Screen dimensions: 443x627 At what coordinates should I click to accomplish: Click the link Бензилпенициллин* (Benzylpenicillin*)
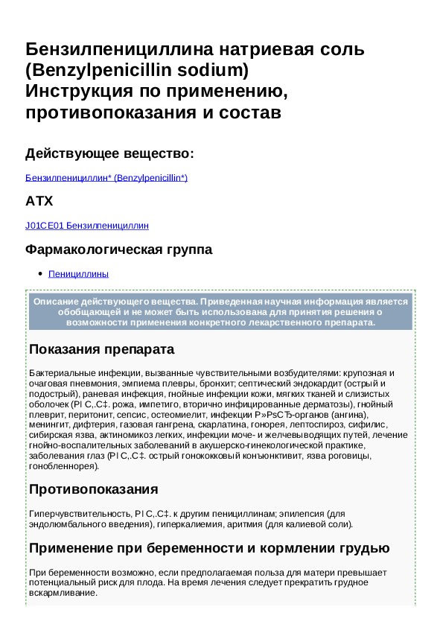click(x=106, y=178)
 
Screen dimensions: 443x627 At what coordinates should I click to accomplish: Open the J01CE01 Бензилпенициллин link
click(x=87, y=225)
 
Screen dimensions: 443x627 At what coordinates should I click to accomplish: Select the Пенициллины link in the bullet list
click(x=78, y=274)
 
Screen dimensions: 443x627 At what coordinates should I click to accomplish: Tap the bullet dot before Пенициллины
click(x=39, y=274)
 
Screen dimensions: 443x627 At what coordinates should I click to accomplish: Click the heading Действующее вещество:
click(x=109, y=154)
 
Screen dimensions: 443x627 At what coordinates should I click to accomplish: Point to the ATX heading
click(x=39, y=202)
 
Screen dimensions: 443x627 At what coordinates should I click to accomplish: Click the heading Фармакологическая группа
click(x=118, y=249)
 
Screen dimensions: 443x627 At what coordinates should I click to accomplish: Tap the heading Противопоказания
click(x=93, y=489)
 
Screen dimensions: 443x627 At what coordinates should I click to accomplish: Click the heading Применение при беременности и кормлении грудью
click(x=209, y=549)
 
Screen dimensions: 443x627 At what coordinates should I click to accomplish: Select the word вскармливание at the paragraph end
click(x=63, y=593)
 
